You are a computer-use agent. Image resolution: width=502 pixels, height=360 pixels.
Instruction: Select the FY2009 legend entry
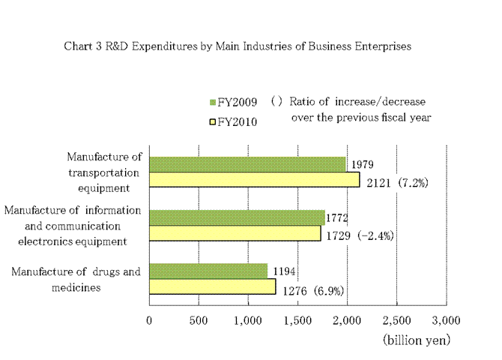pyautogui.click(x=233, y=102)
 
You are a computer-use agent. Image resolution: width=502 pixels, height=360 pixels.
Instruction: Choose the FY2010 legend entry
pyautogui.click(x=233, y=121)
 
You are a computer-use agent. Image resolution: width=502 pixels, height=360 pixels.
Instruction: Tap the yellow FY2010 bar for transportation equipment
pyautogui.click(x=255, y=180)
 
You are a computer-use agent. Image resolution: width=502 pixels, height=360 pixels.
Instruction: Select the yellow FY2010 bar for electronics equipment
pyautogui.click(x=235, y=233)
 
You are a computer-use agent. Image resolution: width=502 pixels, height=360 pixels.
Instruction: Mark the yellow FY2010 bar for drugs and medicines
pyautogui.click(x=212, y=286)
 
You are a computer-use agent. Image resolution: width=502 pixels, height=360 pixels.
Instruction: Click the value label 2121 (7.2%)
pyautogui.click(x=396, y=182)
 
